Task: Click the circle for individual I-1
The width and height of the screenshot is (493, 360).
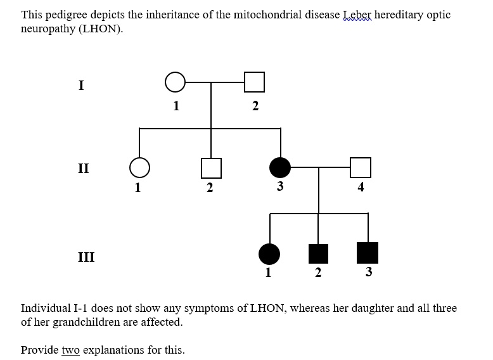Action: [x=176, y=82]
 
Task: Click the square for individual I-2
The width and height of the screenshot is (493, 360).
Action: [x=254, y=82]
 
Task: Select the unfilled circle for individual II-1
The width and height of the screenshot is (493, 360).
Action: [x=139, y=167]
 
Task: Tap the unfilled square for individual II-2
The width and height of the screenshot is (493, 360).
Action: [x=211, y=167]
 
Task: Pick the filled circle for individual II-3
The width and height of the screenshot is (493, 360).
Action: [x=280, y=167]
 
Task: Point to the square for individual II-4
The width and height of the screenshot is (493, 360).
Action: [x=360, y=167]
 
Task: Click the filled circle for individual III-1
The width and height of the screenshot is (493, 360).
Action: [x=269, y=254]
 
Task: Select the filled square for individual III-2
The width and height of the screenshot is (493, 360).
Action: [x=318, y=254]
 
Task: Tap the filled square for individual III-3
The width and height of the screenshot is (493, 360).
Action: [x=368, y=254]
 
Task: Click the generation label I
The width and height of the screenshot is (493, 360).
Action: [x=81, y=86]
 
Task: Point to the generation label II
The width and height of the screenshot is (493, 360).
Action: [x=83, y=169]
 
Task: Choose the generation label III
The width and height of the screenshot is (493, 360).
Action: [x=86, y=257]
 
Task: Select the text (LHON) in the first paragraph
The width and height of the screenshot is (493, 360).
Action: [x=99, y=30]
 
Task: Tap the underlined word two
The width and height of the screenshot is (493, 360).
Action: [x=70, y=350]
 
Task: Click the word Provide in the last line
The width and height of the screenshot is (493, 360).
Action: [x=39, y=350]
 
